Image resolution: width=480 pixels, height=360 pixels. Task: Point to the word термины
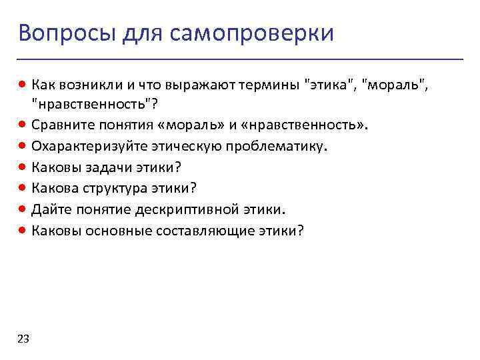pyautogui.click(x=270, y=85)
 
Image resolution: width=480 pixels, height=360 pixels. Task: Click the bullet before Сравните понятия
pyautogui.click(x=23, y=125)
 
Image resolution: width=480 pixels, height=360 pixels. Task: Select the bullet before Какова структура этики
pyautogui.click(x=23, y=189)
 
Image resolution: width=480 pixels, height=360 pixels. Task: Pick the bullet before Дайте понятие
pyautogui.click(x=23, y=209)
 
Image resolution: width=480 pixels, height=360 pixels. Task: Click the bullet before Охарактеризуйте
pyautogui.click(x=23, y=146)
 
